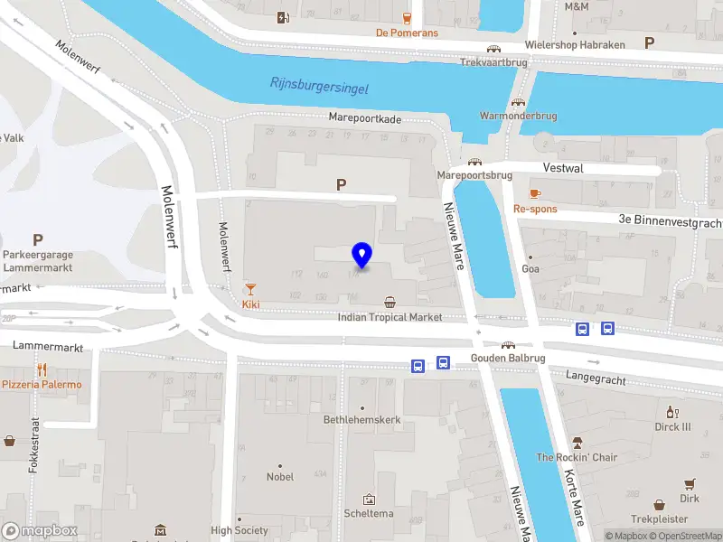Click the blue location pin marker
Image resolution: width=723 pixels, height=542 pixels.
[x=361, y=256]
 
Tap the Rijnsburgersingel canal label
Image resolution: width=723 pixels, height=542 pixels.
[x=319, y=86]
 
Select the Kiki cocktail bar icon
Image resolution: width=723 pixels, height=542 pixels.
[x=250, y=289]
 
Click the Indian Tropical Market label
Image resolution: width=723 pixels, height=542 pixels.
[x=390, y=317]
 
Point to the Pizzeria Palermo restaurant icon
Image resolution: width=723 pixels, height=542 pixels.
[x=42, y=369]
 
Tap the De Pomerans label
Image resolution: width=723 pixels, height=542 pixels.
[x=407, y=33]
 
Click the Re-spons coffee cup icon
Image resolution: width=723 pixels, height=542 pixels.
[x=535, y=193]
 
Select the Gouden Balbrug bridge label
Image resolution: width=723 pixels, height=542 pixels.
[x=509, y=359]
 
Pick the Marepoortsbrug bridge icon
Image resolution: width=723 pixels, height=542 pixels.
[x=474, y=162]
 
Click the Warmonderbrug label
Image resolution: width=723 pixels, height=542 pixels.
[x=518, y=117]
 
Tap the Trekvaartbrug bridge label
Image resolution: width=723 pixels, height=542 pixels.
[x=493, y=63]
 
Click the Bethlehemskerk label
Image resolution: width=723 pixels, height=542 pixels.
[x=361, y=420]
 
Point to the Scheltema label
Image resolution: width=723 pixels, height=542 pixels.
[x=369, y=513]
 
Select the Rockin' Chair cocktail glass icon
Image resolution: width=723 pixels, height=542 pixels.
[x=577, y=443]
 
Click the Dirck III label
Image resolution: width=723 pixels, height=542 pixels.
[x=672, y=427]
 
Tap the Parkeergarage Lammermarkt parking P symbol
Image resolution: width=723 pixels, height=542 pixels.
[x=38, y=239]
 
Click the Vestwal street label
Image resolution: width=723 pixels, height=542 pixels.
[x=563, y=168]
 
